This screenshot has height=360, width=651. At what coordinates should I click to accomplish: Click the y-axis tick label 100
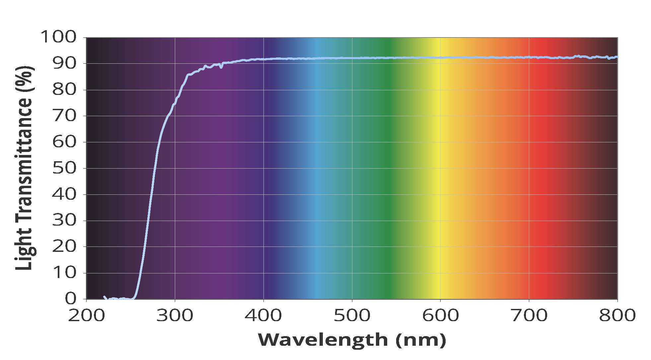click(x=58, y=37)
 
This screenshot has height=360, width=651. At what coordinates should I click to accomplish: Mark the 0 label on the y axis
click(x=70, y=299)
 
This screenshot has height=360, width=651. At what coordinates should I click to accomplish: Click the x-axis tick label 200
click(x=86, y=316)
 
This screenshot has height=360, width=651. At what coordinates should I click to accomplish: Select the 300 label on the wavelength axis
click(x=175, y=316)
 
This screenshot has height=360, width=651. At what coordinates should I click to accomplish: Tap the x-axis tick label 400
click(x=263, y=316)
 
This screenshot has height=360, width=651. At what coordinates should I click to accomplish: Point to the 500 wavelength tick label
click(x=352, y=316)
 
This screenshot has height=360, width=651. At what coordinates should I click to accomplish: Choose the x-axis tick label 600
click(x=440, y=316)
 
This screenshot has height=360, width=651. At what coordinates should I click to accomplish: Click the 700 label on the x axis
click(x=529, y=316)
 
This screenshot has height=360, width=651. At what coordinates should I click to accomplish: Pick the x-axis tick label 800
click(x=617, y=316)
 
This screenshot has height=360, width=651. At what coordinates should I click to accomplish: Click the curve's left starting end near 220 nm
click(x=105, y=297)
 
